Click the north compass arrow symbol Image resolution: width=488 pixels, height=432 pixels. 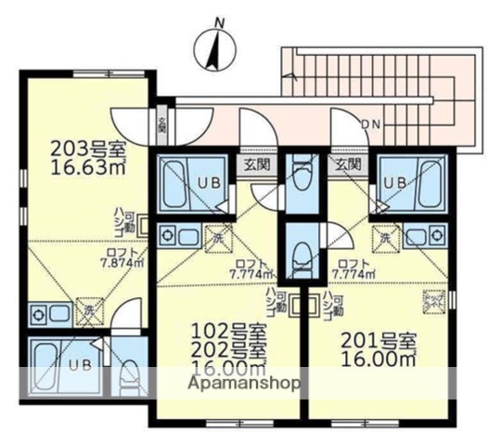212,49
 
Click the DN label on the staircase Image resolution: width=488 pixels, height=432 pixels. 370,123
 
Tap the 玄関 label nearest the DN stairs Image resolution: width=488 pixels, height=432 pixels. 348,164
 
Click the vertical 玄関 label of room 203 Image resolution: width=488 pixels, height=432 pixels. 162,124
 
